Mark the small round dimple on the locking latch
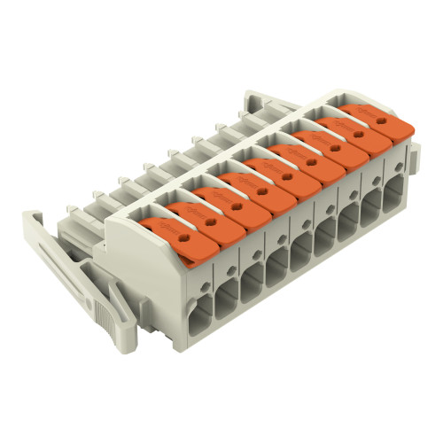point(85,266)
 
